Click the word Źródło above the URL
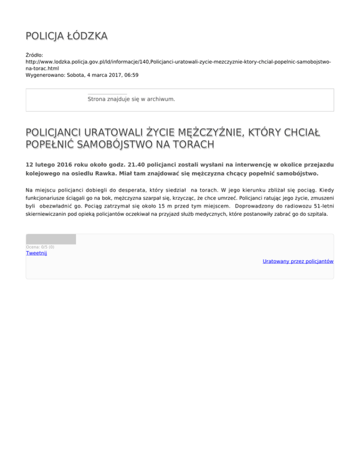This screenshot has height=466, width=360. pos(34,55)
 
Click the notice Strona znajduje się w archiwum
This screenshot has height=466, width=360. pos(131,99)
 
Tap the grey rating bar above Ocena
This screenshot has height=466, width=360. pos(51,239)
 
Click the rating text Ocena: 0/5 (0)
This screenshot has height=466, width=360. pos(40,247)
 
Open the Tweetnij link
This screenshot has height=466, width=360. pos(36,253)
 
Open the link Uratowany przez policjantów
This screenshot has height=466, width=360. pos(298,261)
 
